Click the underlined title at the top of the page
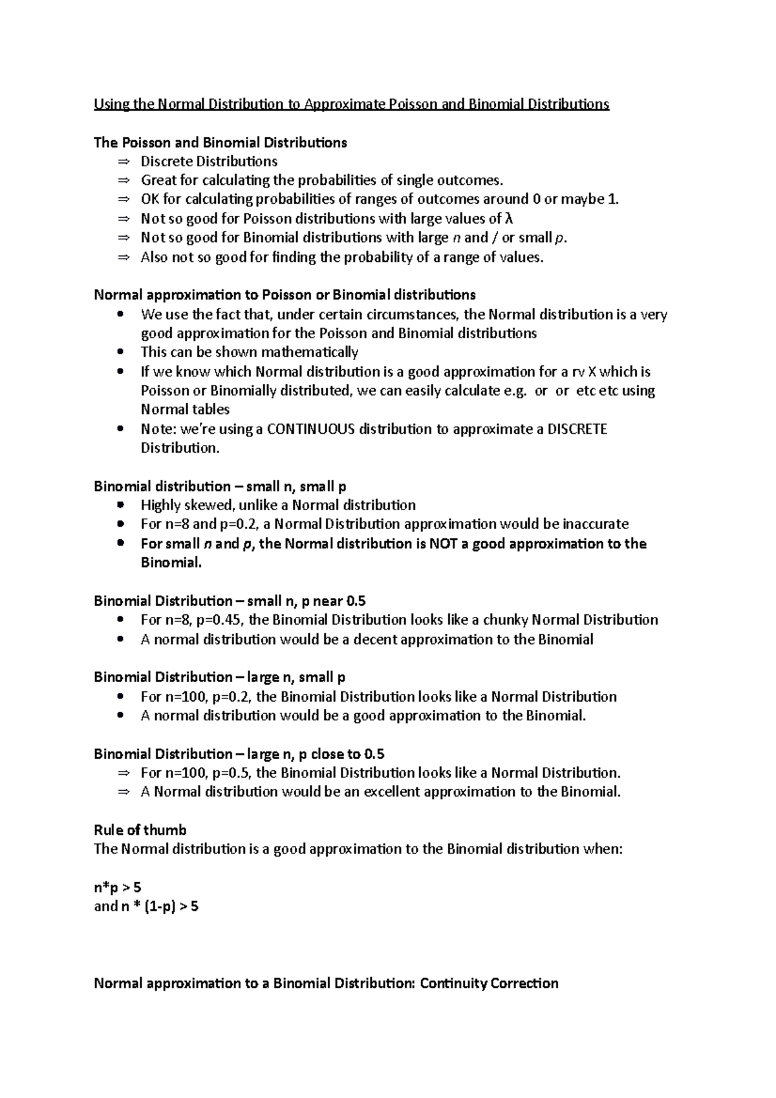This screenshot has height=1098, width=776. [351, 104]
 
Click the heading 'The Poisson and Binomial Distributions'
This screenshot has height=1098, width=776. [221, 142]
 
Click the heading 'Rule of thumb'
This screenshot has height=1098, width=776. [140, 830]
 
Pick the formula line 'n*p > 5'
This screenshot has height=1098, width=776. [118, 888]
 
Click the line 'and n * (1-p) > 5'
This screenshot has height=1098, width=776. [146, 907]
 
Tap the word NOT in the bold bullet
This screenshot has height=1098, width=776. [444, 544]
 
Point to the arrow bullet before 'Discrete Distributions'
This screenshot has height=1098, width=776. [124, 162]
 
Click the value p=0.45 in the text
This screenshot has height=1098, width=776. [220, 620]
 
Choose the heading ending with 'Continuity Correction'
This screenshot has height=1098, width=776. [326, 984]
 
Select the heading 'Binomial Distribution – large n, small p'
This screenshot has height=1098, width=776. [220, 678]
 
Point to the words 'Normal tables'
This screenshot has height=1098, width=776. [185, 410]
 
